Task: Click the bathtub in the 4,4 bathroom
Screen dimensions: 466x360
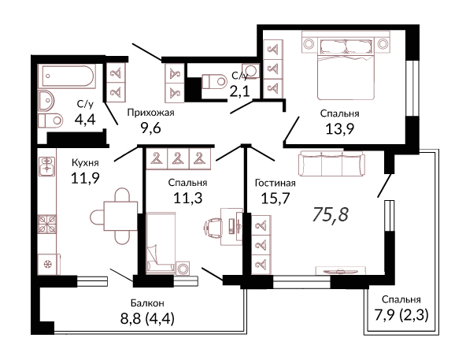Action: [67, 76]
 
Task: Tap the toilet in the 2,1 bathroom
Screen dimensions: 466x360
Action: [214, 81]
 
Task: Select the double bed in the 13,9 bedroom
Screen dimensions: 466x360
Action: [346, 69]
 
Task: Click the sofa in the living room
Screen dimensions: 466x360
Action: [331, 163]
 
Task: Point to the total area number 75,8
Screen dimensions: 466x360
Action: [330, 214]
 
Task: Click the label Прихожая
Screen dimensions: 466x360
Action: [150, 113]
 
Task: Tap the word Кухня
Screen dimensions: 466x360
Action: [85, 163]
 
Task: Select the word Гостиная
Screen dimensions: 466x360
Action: [276, 183]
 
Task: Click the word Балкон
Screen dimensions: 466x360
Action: [147, 303]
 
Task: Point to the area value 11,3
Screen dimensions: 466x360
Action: [188, 198]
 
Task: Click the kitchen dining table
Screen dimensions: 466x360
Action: [120, 216]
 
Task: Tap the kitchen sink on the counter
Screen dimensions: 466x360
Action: [47, 166]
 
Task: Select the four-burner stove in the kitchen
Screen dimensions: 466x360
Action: [47, 224]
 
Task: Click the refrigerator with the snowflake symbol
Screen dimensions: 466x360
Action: [47, 264]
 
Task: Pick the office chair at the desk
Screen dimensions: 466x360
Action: [213, 228]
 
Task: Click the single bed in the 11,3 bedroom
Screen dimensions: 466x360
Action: [161, 243]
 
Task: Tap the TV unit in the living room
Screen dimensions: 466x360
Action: [340, 270]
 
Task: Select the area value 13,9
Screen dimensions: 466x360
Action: [340, 129]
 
